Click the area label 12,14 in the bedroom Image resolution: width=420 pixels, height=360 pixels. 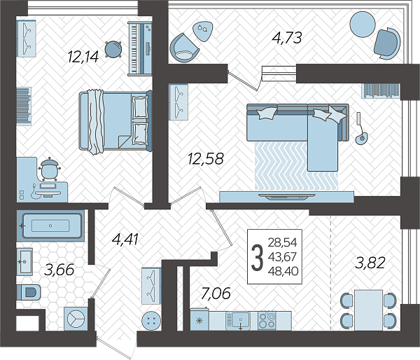tap(83, 57)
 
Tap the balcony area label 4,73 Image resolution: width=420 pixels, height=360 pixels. tap(287, 38)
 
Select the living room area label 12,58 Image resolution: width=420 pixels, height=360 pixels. tap(205, 158)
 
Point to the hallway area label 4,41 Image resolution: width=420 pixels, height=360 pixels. tap(125, 239)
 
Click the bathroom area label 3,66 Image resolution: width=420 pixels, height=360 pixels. tap(59, 270)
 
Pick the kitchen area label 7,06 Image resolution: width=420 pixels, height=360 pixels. tap(216, 293)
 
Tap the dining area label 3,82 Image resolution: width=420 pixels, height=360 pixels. tap(370, 263)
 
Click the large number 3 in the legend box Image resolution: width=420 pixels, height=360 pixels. tap(257, 258)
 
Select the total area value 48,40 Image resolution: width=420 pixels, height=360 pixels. tap(283, 271)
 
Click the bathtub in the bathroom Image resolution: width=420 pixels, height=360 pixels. tap(50, 226)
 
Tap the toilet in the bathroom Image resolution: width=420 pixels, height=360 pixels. tap(29, 292)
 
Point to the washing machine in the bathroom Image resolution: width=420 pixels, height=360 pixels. tap(76, 319)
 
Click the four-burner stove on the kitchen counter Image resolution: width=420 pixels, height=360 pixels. tap(267, 320)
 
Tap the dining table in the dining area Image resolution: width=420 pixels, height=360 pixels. tap(368, 310)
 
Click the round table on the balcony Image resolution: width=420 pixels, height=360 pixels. tap(363, 24)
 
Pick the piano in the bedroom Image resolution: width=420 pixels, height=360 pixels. tap(140, 49)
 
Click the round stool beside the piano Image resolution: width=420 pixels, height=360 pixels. tap(113, 49)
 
